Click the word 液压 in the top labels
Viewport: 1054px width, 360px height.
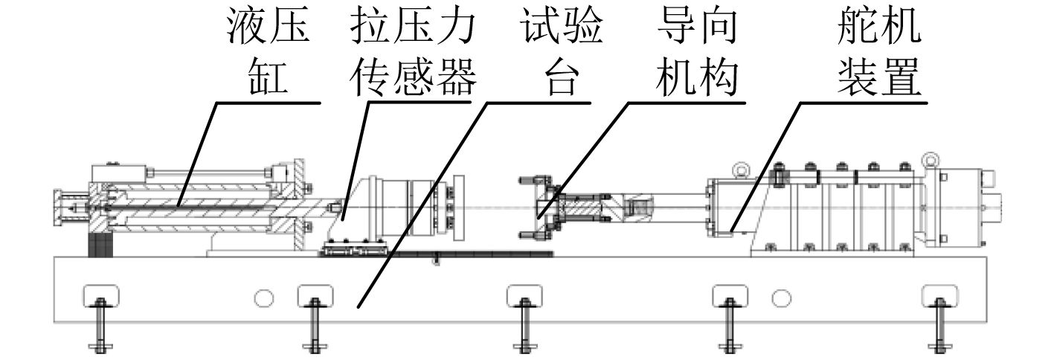point(269,28)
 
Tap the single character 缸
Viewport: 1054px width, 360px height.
point(269,77)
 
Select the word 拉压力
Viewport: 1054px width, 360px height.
point(411,28)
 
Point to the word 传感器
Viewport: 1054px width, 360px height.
point(411,77)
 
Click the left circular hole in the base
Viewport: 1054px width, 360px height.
point(262,298)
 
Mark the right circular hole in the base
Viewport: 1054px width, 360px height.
point(780,298)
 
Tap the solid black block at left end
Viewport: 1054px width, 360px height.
point(99,245)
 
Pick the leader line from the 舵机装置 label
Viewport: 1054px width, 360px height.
point(766,164)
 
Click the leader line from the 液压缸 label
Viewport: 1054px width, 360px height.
point(197,156)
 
